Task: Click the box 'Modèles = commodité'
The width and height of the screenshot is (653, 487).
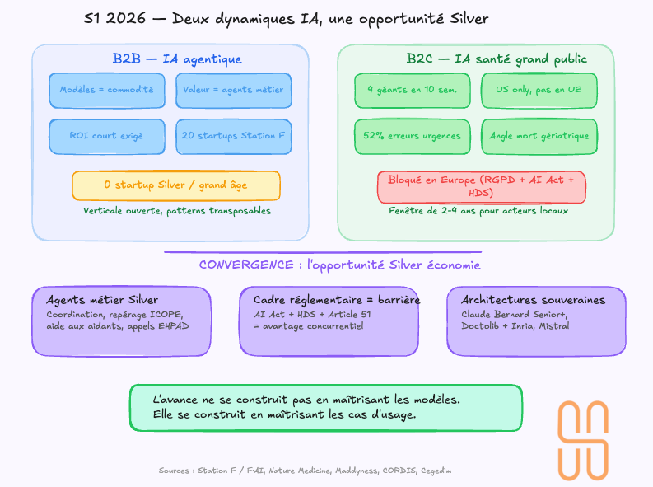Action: [106, 91]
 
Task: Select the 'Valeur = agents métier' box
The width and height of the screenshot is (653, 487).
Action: [234, 91]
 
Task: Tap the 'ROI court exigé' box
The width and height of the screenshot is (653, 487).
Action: [106, 136]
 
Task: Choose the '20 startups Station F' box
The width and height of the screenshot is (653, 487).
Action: [234, 136]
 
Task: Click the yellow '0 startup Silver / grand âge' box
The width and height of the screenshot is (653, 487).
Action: [175, 185]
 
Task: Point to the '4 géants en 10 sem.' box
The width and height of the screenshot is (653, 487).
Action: [413, 91]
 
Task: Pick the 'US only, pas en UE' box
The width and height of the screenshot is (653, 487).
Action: [539, 91]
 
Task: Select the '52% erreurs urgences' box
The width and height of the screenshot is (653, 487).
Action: [413, 136]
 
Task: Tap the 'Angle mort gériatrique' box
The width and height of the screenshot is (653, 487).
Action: [539, 136]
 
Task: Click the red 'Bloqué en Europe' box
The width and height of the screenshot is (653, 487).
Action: [481, 186]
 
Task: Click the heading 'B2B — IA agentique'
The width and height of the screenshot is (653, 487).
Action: [177, 59]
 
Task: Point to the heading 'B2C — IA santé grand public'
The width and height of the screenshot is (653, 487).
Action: [497, 59]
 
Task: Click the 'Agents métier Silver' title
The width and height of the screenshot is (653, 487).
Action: [102, 300]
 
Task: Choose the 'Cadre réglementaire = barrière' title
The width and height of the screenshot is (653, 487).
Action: [337, 300]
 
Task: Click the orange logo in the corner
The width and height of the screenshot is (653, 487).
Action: [584, 439]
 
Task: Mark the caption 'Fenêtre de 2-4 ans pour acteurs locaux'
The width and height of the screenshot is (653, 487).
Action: [478, 211]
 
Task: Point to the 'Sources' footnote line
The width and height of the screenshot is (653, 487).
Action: [305, 471]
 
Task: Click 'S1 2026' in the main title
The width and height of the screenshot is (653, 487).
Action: [111, 19]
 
